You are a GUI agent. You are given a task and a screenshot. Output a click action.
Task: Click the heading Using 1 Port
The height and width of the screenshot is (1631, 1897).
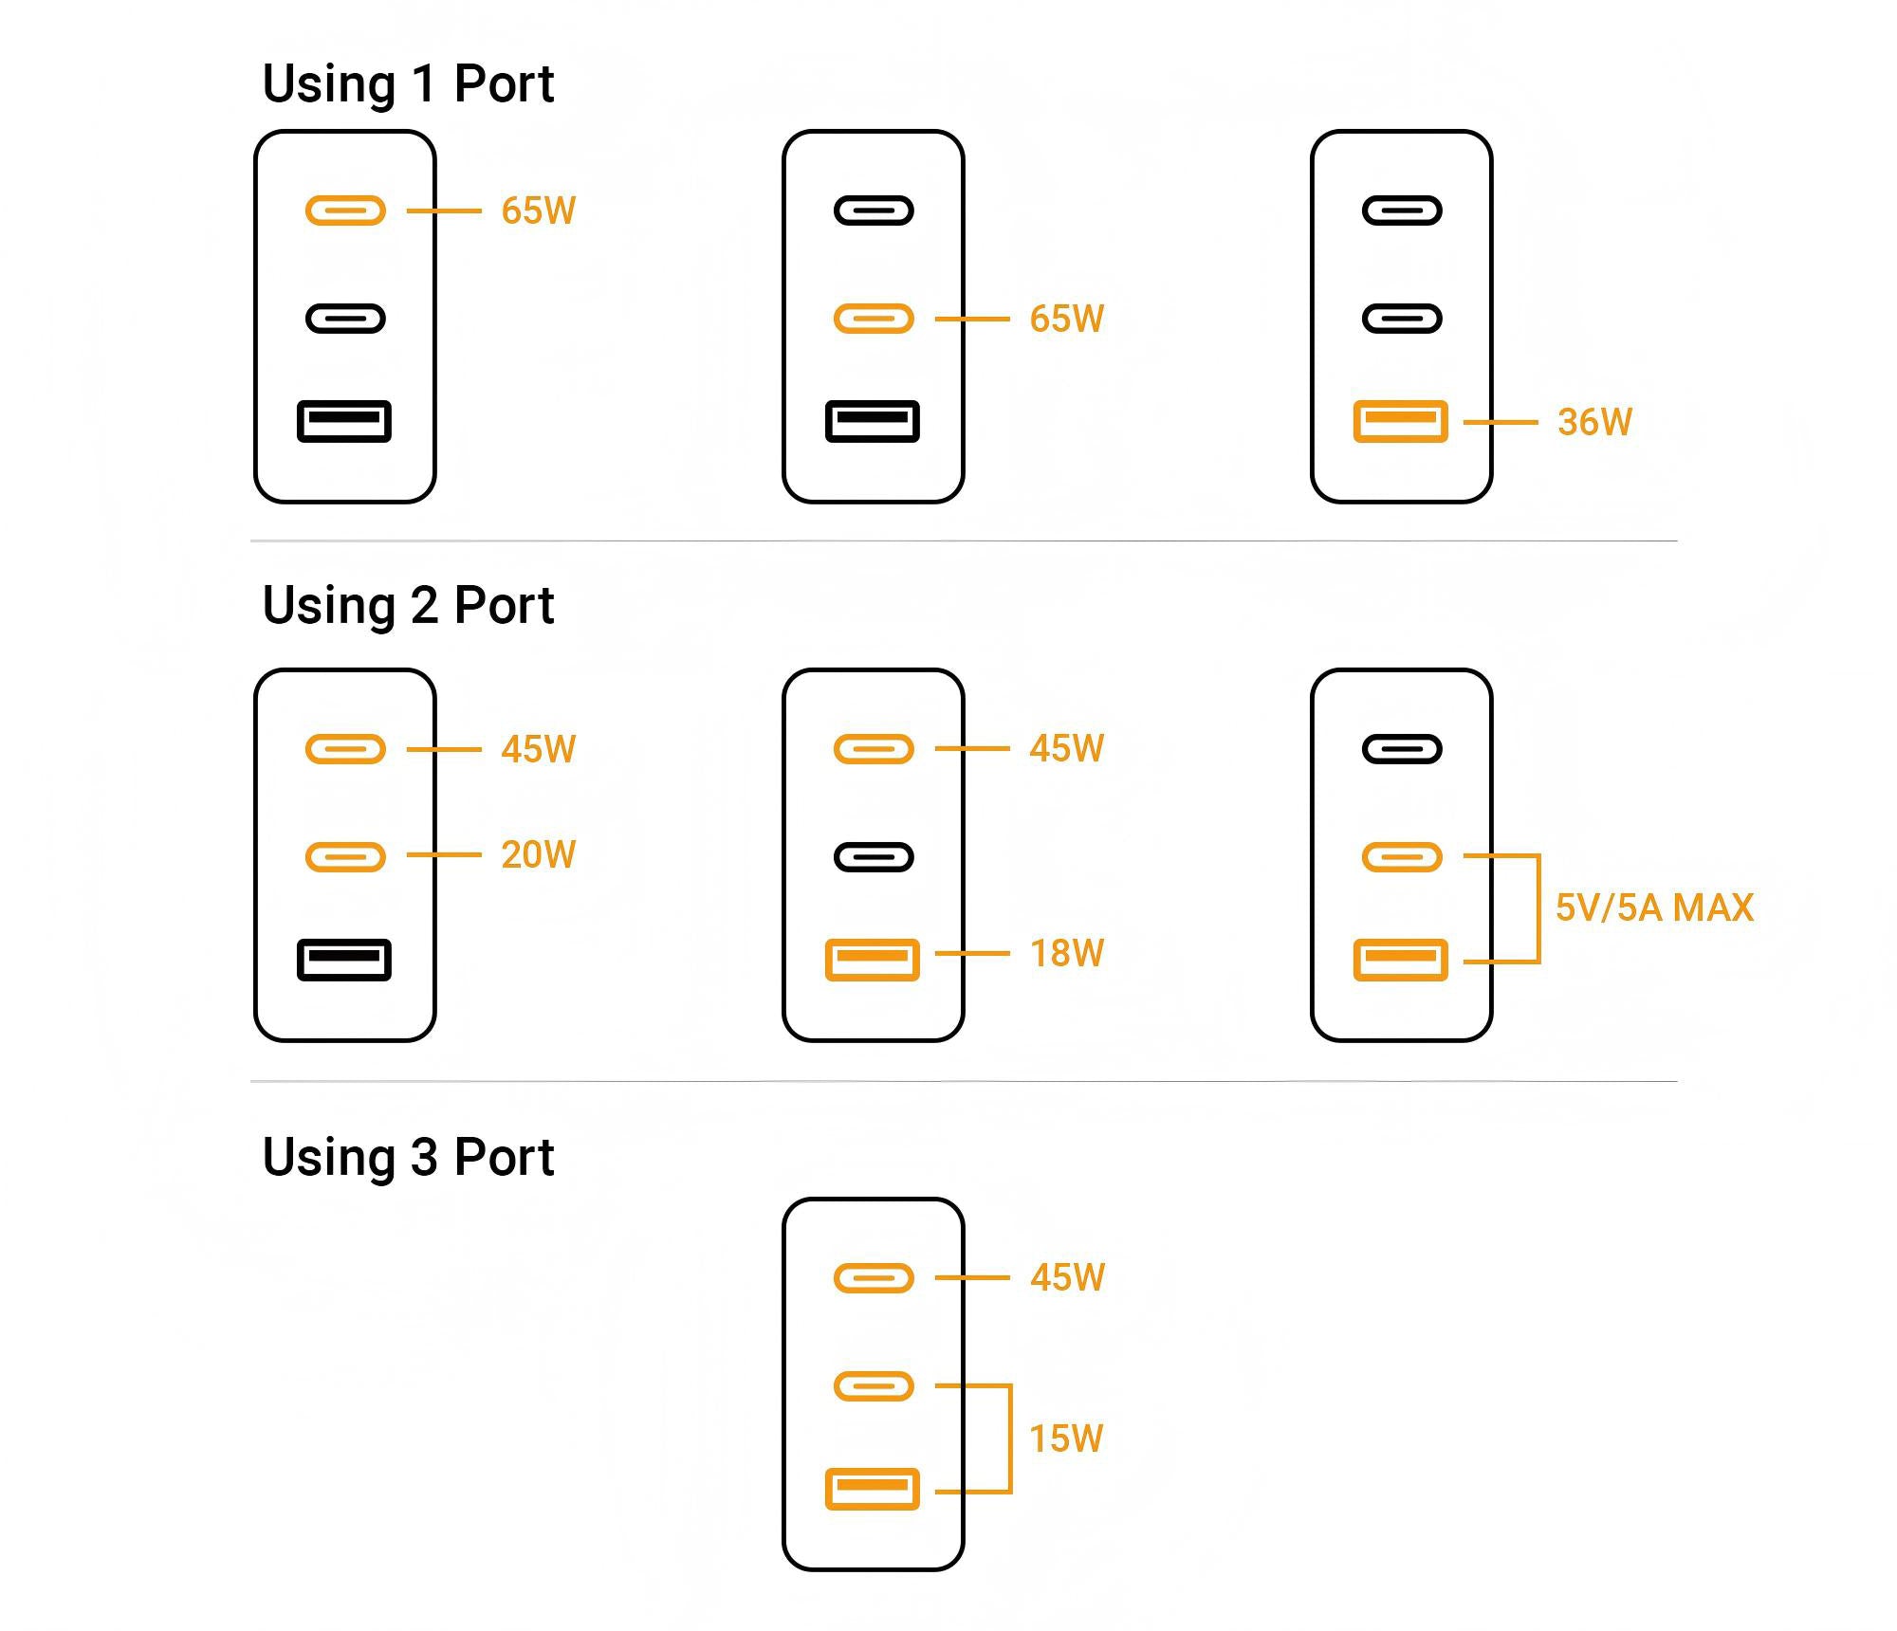click(x=408, y=83)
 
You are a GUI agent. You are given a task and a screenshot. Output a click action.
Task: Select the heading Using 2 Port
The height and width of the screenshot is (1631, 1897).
click(x=408, y=605)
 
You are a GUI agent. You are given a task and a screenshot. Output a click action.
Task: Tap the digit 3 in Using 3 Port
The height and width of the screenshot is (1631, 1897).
click(x=424, y=1157)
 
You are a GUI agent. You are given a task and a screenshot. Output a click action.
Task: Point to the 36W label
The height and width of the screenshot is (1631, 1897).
click(x=1594, y=422)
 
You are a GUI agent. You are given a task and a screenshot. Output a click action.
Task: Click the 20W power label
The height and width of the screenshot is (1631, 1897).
click(x=538, y=854)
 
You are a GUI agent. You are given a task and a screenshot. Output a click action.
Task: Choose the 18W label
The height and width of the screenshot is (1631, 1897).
click(x=1067, y=953)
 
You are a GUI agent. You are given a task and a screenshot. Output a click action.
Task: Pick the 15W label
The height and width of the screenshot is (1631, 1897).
click(x=1067, y=1439)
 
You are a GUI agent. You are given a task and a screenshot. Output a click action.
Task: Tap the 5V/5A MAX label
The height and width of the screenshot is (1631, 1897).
click(x=1654, y=907)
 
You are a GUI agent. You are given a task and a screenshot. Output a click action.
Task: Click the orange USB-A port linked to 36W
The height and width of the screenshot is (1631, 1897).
click(x=1401, y=421)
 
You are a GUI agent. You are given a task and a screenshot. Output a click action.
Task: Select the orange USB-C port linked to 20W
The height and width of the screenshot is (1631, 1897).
click(x=345, y=857)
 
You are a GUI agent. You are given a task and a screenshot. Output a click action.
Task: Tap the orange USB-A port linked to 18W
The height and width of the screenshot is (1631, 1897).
click(x=873, y=960)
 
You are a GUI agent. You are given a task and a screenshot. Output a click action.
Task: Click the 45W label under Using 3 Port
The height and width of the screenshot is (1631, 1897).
click(x=1067, y=1277)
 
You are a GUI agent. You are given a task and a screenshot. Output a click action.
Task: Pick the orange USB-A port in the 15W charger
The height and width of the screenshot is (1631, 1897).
click(x=873, y=1489)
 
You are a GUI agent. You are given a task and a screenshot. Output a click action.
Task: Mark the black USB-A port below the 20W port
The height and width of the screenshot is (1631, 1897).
click(x=344, y=960)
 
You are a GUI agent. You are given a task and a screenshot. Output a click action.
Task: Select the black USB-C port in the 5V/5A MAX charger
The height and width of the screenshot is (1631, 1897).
click(x=1402, y=749)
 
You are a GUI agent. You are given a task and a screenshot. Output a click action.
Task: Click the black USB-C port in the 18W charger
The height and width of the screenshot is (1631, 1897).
click(x=874, y=857)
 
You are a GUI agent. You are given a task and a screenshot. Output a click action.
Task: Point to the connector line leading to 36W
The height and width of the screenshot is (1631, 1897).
click(x=1501, y=422)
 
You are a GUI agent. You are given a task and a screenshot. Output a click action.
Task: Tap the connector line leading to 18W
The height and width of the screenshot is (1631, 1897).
click(x=972, y=953)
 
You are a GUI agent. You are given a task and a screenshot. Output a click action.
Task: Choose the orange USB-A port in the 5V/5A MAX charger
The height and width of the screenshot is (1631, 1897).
click(x=1401, y=960)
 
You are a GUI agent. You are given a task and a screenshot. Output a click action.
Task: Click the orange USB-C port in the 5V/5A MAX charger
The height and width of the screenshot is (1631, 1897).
click(x=1402, y=857)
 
